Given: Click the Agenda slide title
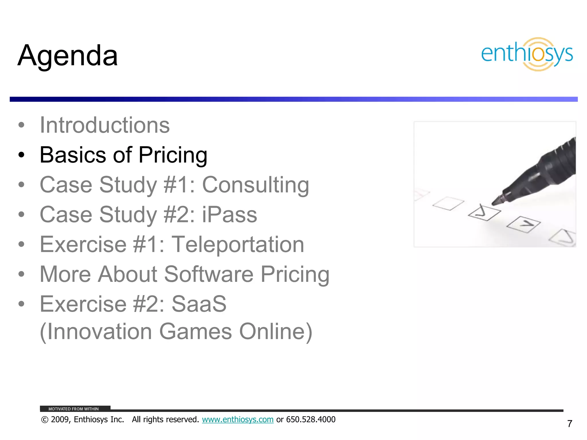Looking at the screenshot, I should click(68, 56).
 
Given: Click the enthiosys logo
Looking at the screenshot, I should click(527, 54).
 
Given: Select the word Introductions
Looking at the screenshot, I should click(105, 125).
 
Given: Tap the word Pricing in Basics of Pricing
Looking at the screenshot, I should click(173, 155).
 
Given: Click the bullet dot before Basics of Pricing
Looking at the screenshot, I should click(21, 155).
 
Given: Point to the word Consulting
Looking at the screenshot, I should click(255, 185).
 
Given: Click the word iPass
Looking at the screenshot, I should click(229, 215).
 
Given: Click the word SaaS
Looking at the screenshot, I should click(199, 304).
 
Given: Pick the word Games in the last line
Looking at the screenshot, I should click(195, 331).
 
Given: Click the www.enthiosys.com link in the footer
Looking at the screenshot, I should click(238, 419).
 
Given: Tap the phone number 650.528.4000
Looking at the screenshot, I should click(311, 419).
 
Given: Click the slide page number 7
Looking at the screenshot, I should click(570, 424).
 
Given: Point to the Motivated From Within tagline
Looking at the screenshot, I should click(73, 409).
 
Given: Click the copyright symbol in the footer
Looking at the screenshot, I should click(45, 420).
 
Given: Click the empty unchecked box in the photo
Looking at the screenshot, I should click(448, 203).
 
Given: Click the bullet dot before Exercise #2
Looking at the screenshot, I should click(21, 304).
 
